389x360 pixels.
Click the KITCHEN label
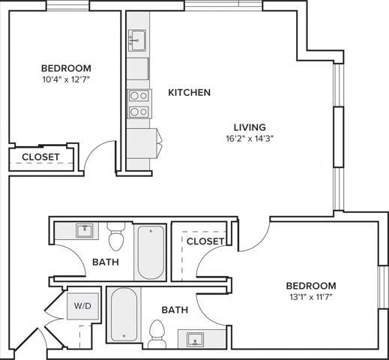pyautogui.click(x=189, y=93)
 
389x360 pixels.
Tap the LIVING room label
pyautogui.click(x=249, y=127)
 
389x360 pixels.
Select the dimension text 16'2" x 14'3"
pyautogui.click(x=249, y=139)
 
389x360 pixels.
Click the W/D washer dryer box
pyautogui.click(x=80, y=307)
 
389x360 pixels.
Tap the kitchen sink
pyautogui.click(x=137, y=39)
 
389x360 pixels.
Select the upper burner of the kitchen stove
pyautogui.click(x=137, y=95)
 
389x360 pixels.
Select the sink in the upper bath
pyautogui.click(x=84, y=230)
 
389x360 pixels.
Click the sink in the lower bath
pyautogui.click(x=197, y=340)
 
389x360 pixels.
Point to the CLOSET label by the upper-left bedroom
pyautogui.click(x=40, y=157)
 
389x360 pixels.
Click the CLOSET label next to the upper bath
pyautogui.click(x=205, y=241)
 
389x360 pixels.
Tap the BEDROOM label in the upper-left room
pyautogui.click(x=66, y=67)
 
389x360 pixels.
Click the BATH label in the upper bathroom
pyautogui.click(x=105, y=262)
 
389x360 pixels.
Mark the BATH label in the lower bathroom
pyautogui.click(x=175, y=309)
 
